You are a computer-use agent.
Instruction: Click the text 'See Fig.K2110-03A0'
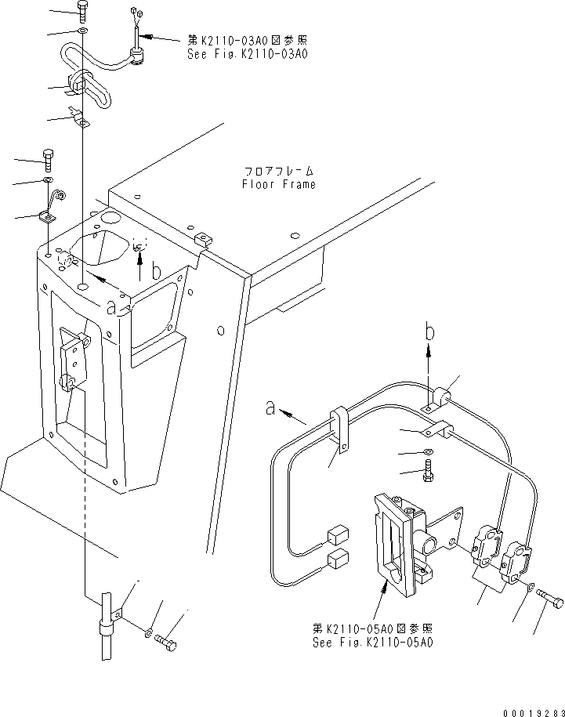[x=247, y=55]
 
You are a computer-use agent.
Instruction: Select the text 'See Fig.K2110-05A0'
[x=372, y=642]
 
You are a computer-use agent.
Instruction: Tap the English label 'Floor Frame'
[x=278, y=185]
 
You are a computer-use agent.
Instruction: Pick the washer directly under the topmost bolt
[x=83, y=31]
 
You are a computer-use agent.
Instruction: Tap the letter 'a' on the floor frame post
[x=114, y=308]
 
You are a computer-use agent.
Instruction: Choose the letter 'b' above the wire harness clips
[x=429, y=331]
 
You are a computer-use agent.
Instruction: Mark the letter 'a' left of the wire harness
[x=270, y=407]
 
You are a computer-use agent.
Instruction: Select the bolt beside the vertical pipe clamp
[x=166, y=641]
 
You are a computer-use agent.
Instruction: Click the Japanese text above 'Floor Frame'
[x=278, y=170]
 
